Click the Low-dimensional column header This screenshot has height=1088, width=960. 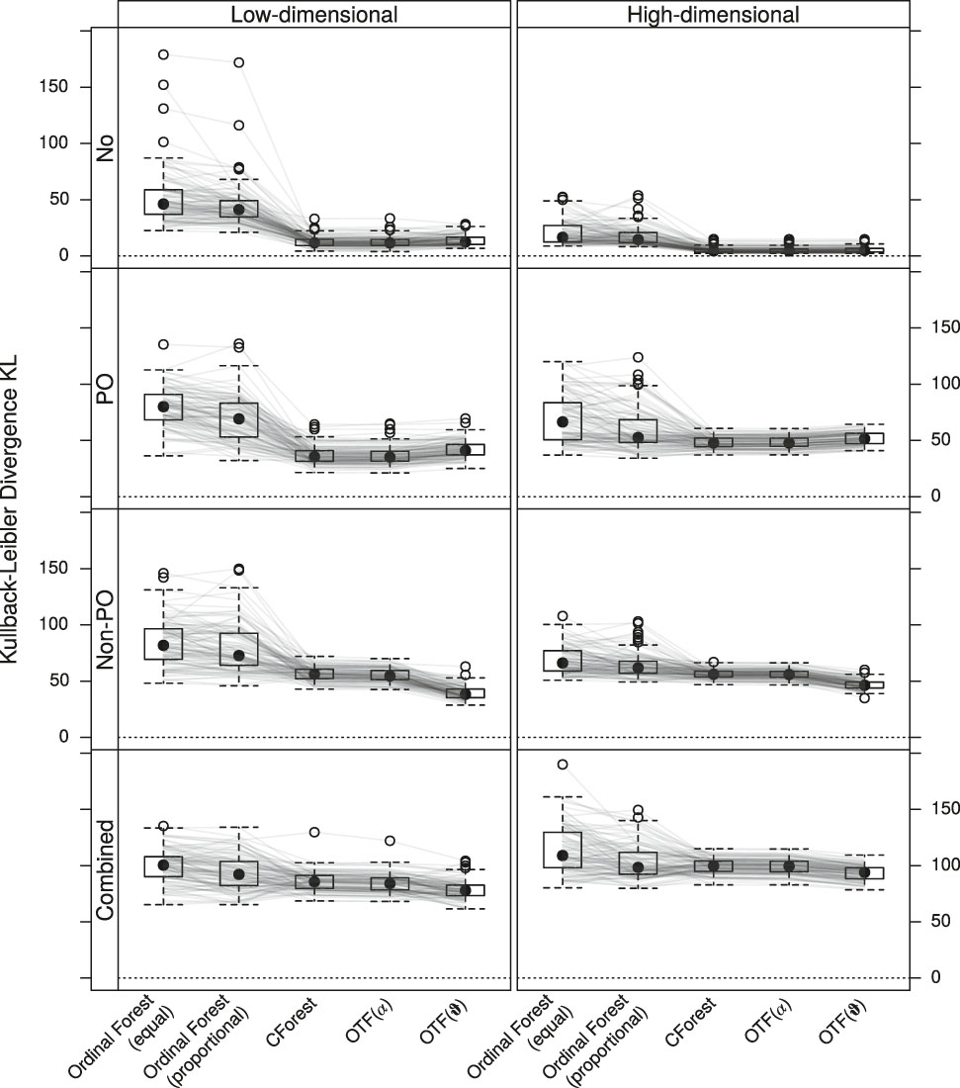[314, 14]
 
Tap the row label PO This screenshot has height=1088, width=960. [103, 388]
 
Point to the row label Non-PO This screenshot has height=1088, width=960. [103, 630]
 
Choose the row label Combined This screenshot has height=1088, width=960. [103, 870]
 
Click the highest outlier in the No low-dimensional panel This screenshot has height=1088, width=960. [163, 54]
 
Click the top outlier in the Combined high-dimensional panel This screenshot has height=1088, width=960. [563, 765]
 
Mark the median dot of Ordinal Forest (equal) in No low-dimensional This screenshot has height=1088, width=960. [163, 204]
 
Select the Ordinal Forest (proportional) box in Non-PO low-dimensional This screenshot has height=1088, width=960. [239, 649]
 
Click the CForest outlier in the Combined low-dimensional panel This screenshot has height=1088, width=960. [314, 833]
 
